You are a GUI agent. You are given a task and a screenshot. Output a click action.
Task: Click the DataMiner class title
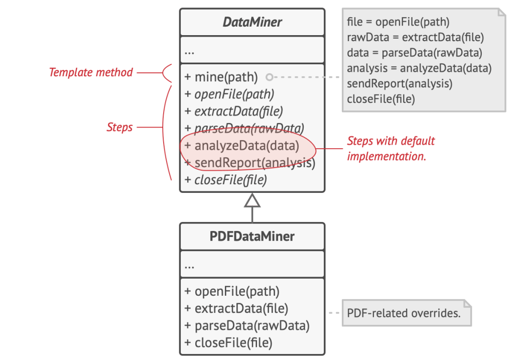(x=252, y=22)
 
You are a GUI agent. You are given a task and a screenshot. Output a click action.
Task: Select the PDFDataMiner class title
(x=252, y=236)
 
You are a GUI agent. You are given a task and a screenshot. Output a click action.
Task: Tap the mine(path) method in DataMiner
(x=221, y=77)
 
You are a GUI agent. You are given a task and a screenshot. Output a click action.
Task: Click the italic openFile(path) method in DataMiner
(x=229, y=94)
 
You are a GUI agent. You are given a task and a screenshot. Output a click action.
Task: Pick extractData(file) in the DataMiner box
(x=234, y=111)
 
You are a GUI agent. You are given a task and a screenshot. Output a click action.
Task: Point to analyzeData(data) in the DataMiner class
(x=242, y=146)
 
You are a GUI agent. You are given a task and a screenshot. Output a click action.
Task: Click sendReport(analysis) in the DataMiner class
(x=250, y=163)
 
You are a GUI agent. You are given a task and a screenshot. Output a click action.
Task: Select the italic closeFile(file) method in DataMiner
(x=226, y=180)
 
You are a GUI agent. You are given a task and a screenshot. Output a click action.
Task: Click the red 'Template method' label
(x=91, y=72)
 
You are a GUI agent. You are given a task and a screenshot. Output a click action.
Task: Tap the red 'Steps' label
(x=119, y=127)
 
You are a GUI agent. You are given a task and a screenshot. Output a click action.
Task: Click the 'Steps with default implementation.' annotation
(x=391, y=149)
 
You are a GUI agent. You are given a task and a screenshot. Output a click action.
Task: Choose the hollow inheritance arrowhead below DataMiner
(x=252, y=200)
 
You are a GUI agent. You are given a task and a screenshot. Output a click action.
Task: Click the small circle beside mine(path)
(x=270, y=77)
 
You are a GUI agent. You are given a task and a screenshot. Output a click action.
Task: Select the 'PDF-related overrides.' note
(x=407, y=313)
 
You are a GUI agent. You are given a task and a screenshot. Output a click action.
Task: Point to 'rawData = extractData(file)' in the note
(x=415, y=37)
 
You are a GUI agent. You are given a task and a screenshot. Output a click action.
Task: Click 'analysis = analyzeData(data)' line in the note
(x=419, y=68)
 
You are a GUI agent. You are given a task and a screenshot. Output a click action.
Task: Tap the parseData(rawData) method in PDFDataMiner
(x=247, y=325)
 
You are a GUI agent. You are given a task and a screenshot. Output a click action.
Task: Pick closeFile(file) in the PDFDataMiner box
(x=228, y=342)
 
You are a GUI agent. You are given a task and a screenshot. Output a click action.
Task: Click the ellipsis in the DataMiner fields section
(x=189, y=52)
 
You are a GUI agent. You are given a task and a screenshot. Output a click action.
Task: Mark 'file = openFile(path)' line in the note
(x=398, y=22)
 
